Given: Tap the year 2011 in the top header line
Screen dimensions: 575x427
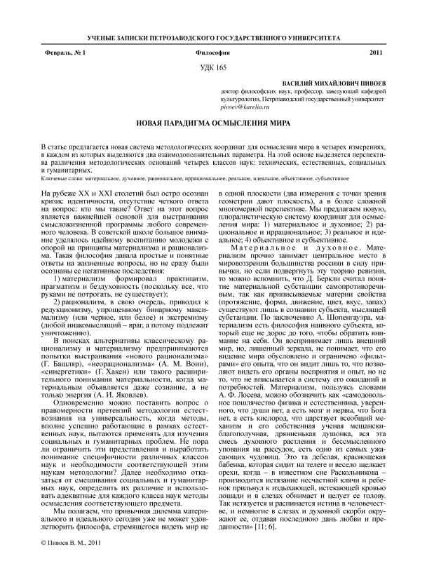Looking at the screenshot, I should pos(377,53).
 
